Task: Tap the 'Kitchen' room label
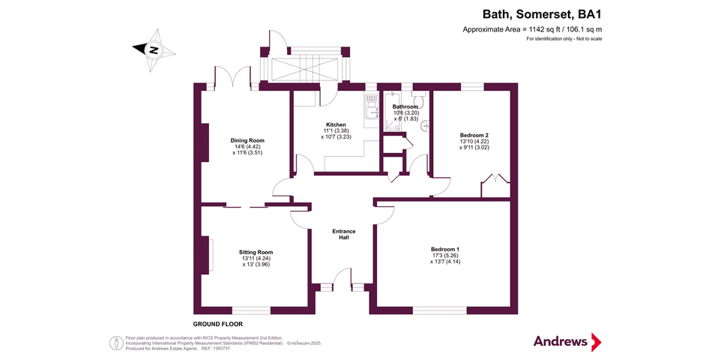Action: pos(335,124)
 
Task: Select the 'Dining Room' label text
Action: pos(247,140)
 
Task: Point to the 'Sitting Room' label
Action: pos(256,252)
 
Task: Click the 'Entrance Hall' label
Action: pos(343,234)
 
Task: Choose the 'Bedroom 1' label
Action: pos(445,249)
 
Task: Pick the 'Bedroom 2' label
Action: pos(474,135)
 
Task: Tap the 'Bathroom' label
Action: pos(405,107)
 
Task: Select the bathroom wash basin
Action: pos(424,126)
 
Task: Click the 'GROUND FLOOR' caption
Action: pos(217,324)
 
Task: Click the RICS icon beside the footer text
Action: pos(116,342)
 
